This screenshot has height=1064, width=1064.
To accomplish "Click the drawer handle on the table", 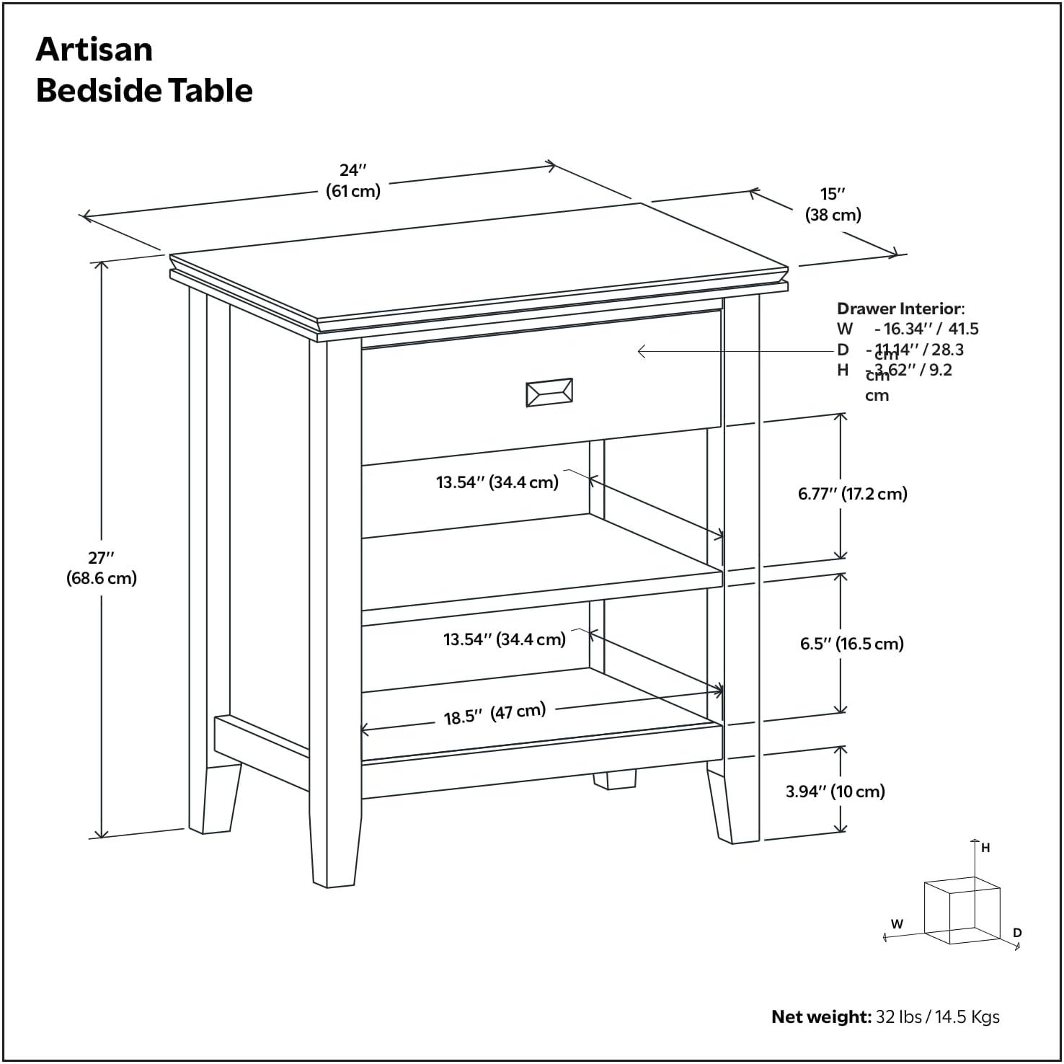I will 549,392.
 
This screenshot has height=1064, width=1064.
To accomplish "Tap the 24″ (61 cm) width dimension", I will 353,180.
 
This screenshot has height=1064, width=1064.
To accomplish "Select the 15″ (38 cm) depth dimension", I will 833,204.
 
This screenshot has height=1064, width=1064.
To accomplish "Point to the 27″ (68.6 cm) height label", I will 102,567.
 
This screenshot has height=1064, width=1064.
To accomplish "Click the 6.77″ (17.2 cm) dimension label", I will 852,494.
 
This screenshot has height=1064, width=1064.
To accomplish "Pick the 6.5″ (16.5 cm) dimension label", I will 851,644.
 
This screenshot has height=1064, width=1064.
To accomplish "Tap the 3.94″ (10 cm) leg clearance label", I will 835,792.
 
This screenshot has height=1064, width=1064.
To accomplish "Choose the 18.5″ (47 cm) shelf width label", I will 495,714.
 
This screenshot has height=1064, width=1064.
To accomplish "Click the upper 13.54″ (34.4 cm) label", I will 497,482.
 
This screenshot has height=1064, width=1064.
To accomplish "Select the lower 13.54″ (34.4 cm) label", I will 504,639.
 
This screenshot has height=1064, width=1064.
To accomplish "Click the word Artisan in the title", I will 94,49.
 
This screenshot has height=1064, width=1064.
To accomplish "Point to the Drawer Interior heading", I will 900,309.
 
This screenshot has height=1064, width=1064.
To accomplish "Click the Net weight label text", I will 821,1016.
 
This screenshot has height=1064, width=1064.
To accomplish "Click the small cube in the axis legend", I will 962,911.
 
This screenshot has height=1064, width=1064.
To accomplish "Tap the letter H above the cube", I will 985,848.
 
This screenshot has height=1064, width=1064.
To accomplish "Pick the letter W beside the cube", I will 897,923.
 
